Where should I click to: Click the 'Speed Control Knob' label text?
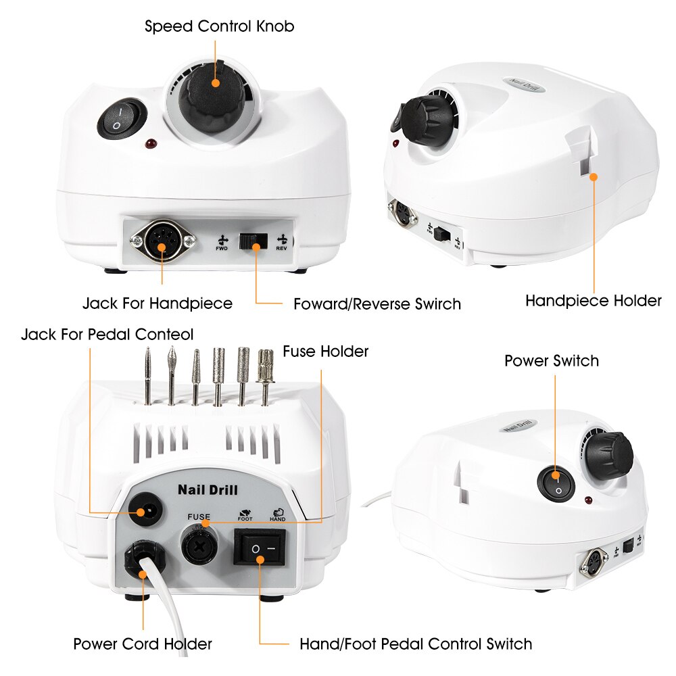[219, 26]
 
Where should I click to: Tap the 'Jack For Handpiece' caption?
[158, 304]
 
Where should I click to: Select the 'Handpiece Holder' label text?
[594, 301]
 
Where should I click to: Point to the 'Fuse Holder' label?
[326, 352]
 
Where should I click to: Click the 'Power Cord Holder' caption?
[143, 644]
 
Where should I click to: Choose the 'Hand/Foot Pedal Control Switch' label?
[416, 644]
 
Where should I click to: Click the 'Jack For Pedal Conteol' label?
[107, 335]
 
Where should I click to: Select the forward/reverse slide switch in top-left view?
[253, 241]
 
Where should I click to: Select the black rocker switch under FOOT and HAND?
[260, 548]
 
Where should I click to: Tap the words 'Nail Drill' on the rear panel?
[208, 490]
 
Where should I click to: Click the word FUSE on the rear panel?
[199, 517]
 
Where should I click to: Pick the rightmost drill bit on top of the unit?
[266, 377]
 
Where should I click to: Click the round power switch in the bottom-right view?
[556, 485]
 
